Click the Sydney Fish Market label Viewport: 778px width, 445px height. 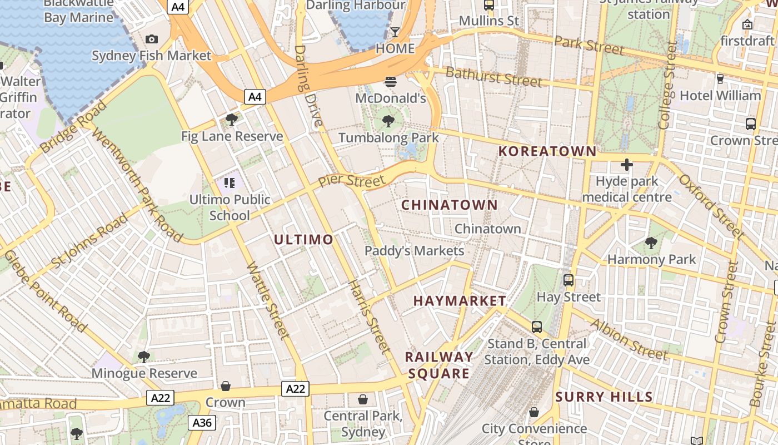pyautogui.click(x=151, y=56)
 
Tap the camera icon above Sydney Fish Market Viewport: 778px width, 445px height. pyautogui.click(x=151, y=39)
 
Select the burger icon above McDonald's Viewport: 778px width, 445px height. pyautogui.click(x=391, y=82)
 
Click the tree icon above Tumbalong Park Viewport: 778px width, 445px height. pyautogui.click(x=388, y=121)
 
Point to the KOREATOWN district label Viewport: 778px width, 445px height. pyautogui.click(x=547, y=151)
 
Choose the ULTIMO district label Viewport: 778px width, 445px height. pyautogui.click(x=304, y=240)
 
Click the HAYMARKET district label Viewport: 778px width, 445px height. pyautogui.click(x=460, y=301)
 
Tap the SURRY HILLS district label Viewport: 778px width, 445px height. pyautogui.click(x=604, y=397)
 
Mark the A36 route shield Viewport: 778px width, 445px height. pyautogui.click(x=201, y=423)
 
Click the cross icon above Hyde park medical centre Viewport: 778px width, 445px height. pyautogui.click(x=627, y=165)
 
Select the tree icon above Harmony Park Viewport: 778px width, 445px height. pyautogui.click(x=651, y=243)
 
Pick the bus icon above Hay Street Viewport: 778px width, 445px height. pyautogui.click(x=568, y=280)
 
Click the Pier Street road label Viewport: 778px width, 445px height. pyautogui.click(x=351, y=180)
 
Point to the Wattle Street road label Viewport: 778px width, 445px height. pyautogui.click(x=268, y=300)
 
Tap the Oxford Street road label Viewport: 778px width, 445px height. pyautogui.click(x=711, y=206)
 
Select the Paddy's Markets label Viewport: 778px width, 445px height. pyautogui.click(x=414, y=251)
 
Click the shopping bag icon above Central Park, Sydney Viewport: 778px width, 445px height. pyautogui.click(x=363, y=399)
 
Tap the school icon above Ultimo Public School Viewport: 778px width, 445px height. pyautogui.click(x=230, y=182)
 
